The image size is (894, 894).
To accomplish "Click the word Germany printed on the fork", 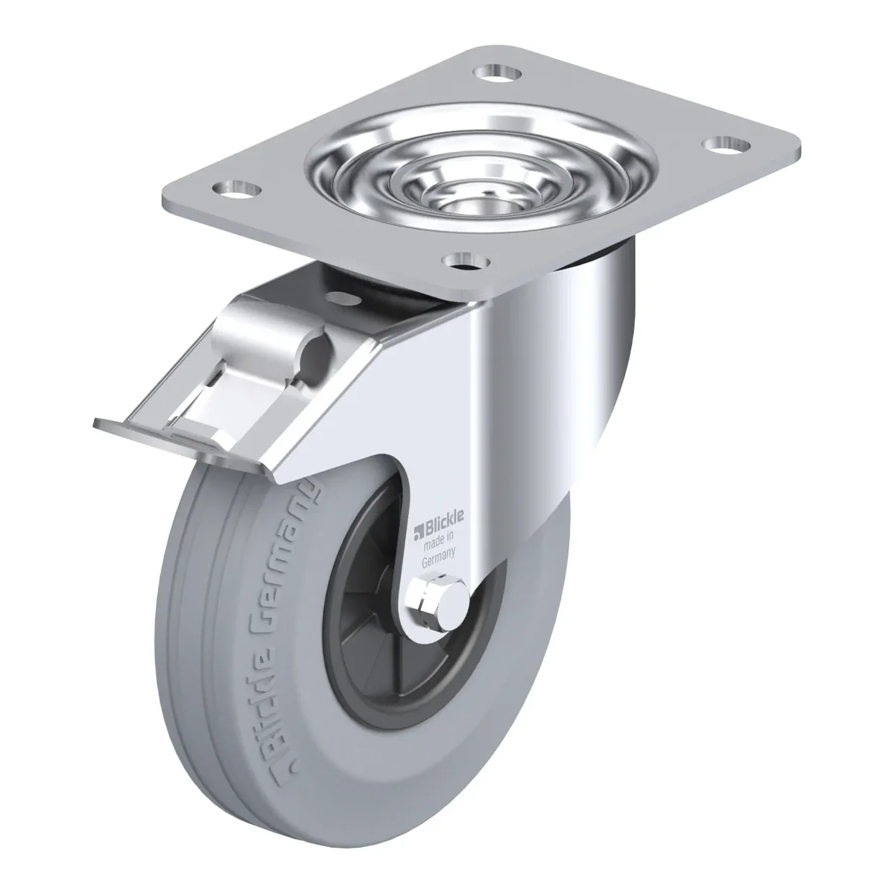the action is [x=438, y=558].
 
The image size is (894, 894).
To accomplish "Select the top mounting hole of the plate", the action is [x=498, y=73].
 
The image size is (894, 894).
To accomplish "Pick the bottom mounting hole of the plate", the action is [x=466, y=260].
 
